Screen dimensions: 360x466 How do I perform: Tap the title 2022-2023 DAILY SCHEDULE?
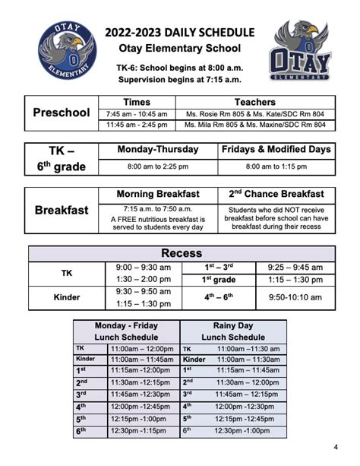point(180,32)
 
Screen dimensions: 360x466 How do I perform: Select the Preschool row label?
point(62,113)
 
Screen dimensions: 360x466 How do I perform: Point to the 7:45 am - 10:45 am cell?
point(137,113)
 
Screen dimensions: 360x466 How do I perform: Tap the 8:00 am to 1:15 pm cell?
point(276,166)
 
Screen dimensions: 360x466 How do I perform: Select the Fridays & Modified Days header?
point(276,150)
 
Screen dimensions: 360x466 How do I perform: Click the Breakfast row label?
point(62,210)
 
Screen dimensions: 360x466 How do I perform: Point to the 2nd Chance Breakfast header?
point(276,195)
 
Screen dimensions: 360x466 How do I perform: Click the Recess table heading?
point(182,253)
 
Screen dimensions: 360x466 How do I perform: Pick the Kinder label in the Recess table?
point(67,297)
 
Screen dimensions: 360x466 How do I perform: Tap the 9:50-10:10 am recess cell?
point(294,297)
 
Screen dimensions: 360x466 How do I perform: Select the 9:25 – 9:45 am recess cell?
point(294,268)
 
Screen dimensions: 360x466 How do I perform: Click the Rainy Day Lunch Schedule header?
point(233,331)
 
